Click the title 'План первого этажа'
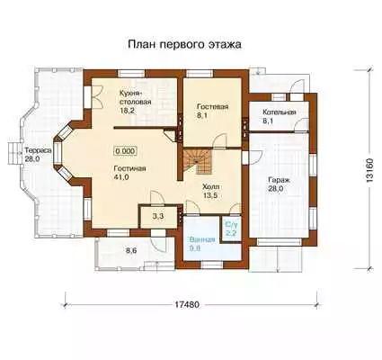click(x=184, y=44)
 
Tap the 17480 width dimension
click(x=187, y=304)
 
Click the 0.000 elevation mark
click(x=125, y=151)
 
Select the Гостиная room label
click(x=129, y=168)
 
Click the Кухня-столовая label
click(x=135, y=97)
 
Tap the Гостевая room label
click(x=213, y=107)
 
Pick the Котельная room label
click(x=280, y=112)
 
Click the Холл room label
click(x=210, y=187)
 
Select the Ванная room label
click(x=202, y=239)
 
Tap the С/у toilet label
click(x=230, y=224)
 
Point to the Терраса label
click(x=39, y=150)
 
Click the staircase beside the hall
click(x=198, y=163)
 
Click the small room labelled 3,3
click(x=157, y=217)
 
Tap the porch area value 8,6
click(x=131, y=251)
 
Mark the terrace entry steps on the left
click(x=13, y=153)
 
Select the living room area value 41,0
click(x=121, y=177)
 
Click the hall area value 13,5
click(x=210, y=196)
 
